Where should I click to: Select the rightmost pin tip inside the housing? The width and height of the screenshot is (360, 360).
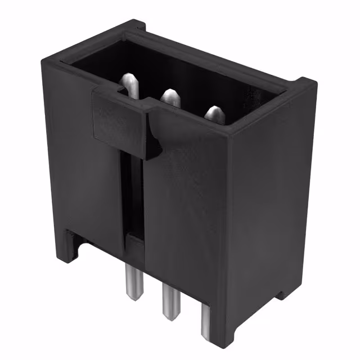pos(214,114)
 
